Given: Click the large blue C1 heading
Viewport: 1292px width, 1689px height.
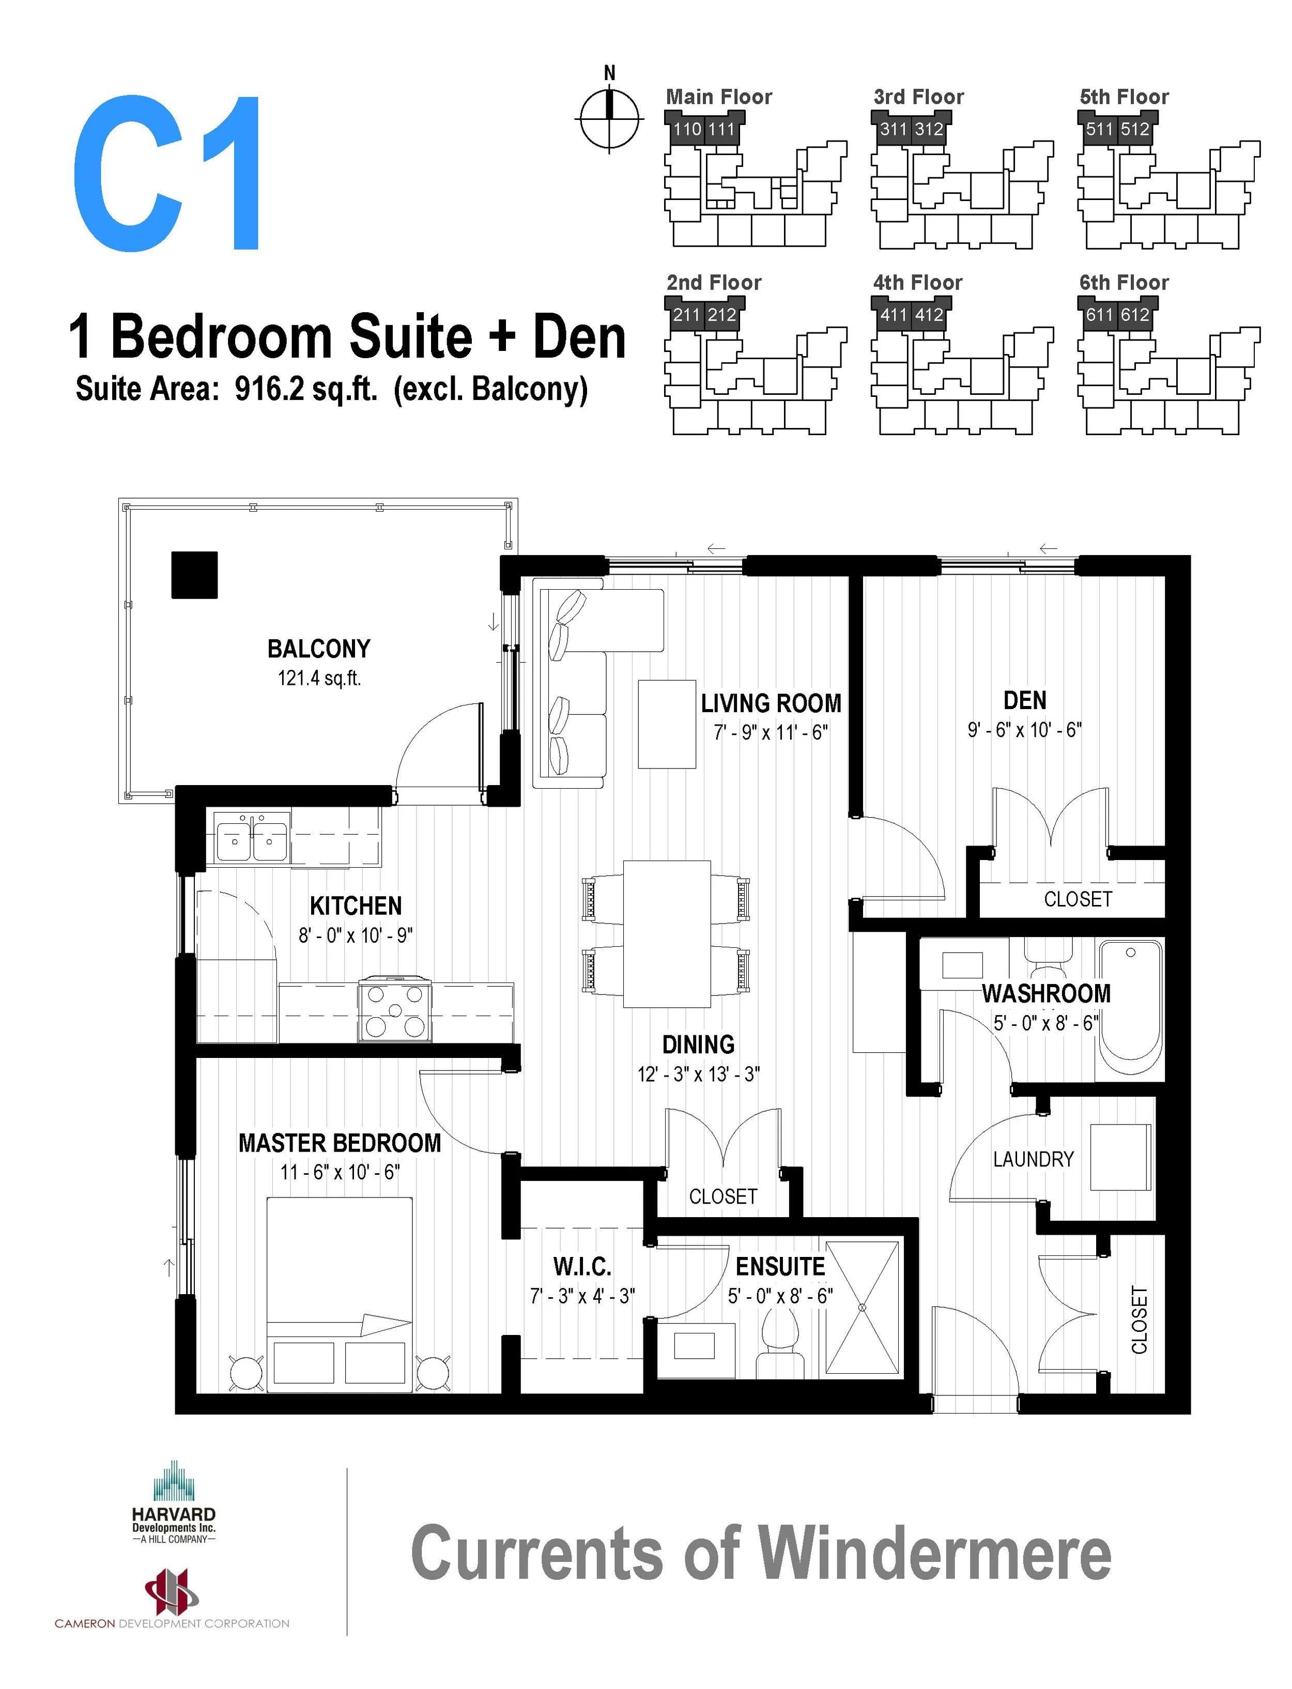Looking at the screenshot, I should point(167,173).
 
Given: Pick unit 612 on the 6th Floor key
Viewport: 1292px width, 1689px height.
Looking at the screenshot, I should point(1134,315).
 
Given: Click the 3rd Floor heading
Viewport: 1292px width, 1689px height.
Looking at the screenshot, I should point(918,97).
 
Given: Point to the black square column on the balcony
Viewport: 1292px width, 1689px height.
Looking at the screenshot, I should point(194,575).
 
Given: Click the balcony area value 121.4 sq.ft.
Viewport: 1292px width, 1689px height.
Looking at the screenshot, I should point(319,679).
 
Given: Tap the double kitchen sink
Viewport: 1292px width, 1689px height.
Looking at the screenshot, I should point(252,838).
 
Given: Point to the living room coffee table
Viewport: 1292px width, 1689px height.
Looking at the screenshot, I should point(667,724).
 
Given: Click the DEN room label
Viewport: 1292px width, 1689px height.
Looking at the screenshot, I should point(1024,701).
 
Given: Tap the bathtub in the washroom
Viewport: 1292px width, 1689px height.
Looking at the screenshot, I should point(1130,1007).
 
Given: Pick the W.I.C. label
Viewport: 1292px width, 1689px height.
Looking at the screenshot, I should point(581,1267).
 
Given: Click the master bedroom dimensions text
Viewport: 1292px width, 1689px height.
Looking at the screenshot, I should point(340,1172).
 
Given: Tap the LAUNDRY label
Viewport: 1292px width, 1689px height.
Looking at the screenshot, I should point(1033,1159).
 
